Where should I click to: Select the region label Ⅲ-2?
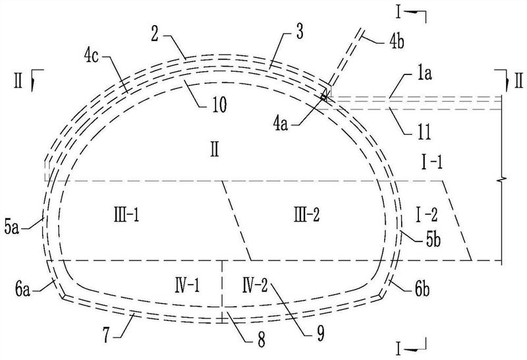[307, 214]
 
